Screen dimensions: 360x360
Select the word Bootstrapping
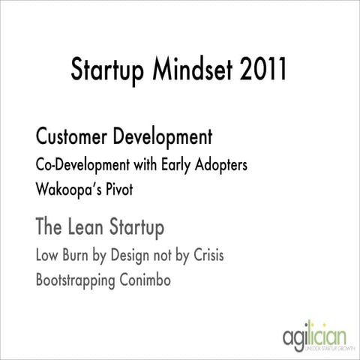click(77, 281)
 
